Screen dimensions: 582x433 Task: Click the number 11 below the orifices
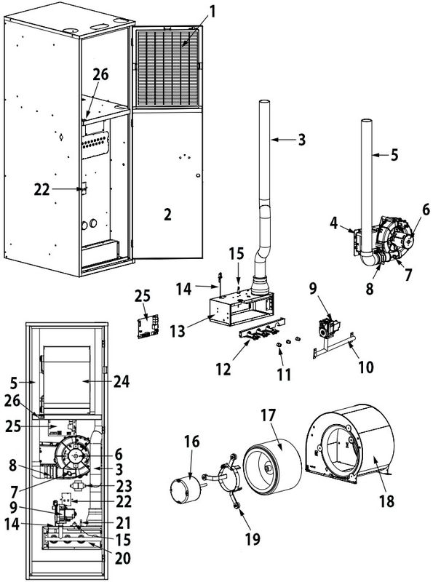(x=285, y=375)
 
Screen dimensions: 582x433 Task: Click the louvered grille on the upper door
(x=167, y=66)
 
